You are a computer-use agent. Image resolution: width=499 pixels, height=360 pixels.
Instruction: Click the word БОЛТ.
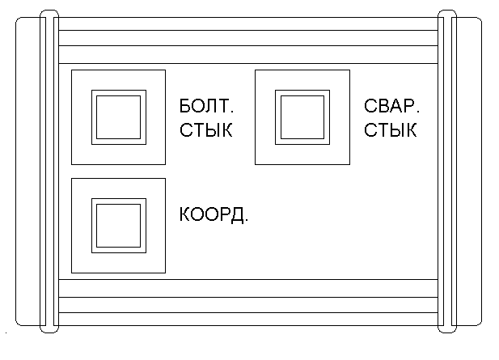point(205,108)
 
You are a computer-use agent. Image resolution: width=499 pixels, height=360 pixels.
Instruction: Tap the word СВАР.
point(391,108)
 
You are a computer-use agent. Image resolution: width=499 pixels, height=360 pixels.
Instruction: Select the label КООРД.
point(212,215)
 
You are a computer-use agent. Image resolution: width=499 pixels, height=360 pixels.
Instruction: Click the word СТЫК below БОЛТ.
point(205,130)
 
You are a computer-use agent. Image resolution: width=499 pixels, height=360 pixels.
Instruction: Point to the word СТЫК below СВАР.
point(391,130)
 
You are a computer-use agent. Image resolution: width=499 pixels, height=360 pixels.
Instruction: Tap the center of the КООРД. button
point(119,225)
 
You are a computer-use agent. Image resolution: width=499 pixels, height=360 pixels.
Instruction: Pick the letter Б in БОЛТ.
point(185,108)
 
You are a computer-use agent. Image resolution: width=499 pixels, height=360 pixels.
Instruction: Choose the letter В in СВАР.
point(383,108)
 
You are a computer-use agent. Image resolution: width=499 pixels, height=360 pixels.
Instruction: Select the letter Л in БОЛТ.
point(209,108)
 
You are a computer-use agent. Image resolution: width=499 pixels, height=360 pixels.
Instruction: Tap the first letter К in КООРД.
point(184,215)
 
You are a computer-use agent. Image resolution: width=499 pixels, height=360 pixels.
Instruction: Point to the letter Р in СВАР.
point(409,108)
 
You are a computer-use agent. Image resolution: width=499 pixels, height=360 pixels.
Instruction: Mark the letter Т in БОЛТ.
point(221,108)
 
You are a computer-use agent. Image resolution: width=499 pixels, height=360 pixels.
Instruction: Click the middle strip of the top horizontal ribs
point(247,38)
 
